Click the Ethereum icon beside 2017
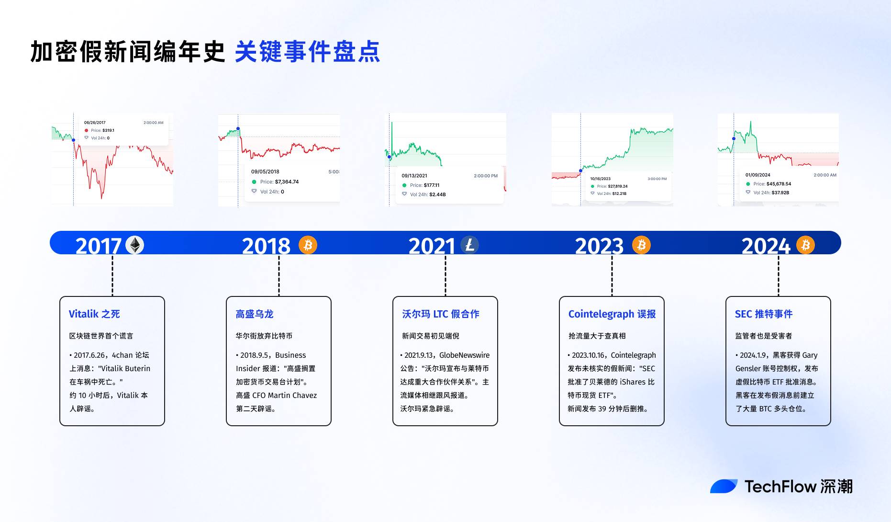point(134,245)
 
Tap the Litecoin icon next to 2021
point(469,245)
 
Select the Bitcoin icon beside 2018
point(308,245)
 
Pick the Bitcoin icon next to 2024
point(805,245)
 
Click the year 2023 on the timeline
point(599,246)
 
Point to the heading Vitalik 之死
point(94,314)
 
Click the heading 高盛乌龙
point(254,314)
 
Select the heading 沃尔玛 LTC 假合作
point(440,314)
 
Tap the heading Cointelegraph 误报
point(612,314)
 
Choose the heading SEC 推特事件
point(763,314)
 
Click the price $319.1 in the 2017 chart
point(108,130)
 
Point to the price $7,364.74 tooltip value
point(287,182)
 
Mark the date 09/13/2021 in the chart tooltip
point(414,176)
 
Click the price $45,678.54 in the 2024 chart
point(779,184)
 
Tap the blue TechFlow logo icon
point(724,487)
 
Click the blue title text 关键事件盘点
point(307,52)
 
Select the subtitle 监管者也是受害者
point(763,336)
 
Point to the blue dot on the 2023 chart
point(581,170)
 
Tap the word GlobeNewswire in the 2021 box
point(464,355)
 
